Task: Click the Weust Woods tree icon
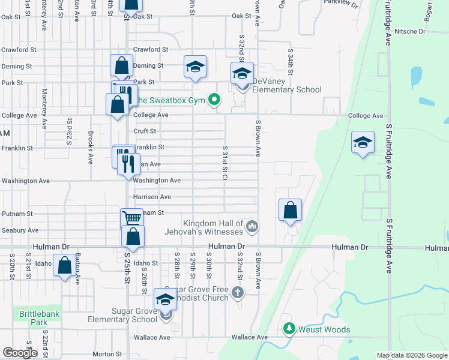pyautogui.click(x=289, y=329)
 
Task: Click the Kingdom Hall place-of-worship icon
pyautogui.click(x=252, y=227)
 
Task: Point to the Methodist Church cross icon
pyautogui.click(x=238, y=293)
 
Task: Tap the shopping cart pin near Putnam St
pyautogui.click(x=132, y=218)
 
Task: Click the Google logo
pyautogui.click(x=20, y=353)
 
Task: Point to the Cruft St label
pyautogui.click(x=145, y=131)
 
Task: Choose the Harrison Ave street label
pyautogui.click(x=152, y=197)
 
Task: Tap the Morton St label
pyautogui.click(x=107, y=354)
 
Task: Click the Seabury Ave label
pyautogui.click(x=20, y=230)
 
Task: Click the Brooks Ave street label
pyautogui.click(x=91, y=149)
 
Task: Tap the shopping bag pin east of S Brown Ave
pyautogui.click(x=290, y=210)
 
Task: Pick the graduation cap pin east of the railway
pyautogui.click(x=362, y=143)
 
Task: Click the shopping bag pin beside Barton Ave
pyautogui.click(x=64, y=265)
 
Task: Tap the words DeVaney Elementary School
pyautogui.click(x=286, y=85)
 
